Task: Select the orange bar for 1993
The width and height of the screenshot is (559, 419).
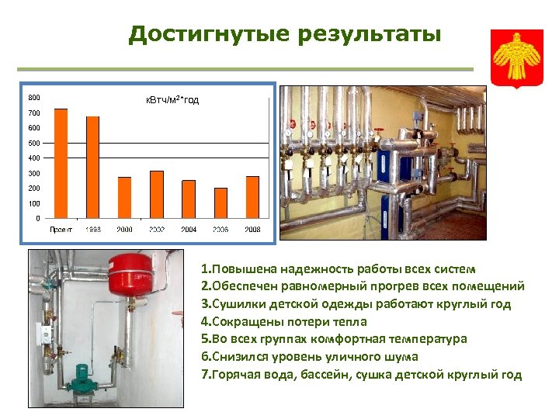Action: [x=92, y=167]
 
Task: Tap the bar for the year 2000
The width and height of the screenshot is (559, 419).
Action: [x=124, y=197]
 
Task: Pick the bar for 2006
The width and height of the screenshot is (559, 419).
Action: [x=221, y=203]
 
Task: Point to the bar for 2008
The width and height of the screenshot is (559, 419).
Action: [x=252, y=197]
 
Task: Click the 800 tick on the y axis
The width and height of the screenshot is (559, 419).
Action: [x=35, y=98]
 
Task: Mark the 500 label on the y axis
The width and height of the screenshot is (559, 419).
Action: [x=35, y=143]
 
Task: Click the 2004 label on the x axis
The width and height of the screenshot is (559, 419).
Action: [x=189, y=230]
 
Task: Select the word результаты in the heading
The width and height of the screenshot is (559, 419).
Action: [x=359, y=35]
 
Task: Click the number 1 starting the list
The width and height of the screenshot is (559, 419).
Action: [x=203, y=268]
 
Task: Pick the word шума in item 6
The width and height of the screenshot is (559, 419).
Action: [x=400, y=357]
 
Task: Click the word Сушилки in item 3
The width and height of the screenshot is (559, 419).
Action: [x=237, y=304]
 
